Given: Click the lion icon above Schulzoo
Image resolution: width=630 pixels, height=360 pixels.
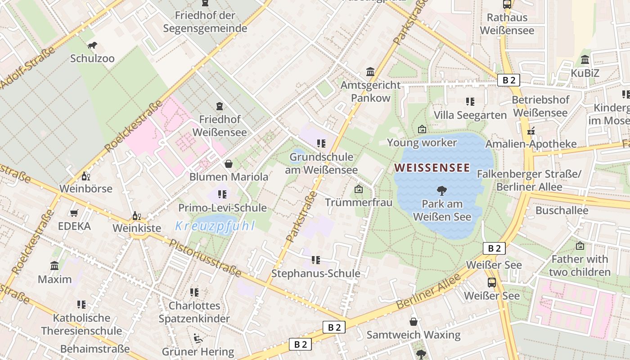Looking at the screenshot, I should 92,45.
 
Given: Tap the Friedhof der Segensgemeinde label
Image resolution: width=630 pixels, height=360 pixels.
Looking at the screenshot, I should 205,22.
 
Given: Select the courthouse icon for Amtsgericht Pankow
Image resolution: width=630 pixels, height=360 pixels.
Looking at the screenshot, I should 370,72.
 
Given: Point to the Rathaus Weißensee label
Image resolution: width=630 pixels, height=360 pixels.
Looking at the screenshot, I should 507,24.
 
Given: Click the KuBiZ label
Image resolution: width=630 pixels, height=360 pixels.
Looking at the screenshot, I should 585,73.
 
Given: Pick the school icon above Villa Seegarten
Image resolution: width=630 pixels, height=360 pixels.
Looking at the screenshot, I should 470,102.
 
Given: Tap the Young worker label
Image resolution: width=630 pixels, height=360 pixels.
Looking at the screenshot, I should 422,143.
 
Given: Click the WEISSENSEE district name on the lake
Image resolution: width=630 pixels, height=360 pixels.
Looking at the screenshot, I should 432,168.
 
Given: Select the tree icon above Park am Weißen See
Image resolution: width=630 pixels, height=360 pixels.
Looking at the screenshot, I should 442,191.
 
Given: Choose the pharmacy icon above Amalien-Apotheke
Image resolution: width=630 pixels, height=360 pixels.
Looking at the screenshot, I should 531,131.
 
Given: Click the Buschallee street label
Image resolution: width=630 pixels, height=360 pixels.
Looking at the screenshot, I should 562,211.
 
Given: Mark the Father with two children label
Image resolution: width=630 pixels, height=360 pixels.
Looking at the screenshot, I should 580,265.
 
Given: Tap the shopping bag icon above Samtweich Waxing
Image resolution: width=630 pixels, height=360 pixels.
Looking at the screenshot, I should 414,322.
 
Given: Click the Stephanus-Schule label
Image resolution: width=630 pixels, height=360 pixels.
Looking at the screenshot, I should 315,274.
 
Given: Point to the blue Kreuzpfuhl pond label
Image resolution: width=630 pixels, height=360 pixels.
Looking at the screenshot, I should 215,226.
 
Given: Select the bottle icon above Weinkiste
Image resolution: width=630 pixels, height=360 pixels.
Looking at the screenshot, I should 136,216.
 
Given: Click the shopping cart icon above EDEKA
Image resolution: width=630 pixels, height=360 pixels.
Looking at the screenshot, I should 74,213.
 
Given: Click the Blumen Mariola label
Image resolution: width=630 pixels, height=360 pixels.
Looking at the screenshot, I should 229,177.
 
